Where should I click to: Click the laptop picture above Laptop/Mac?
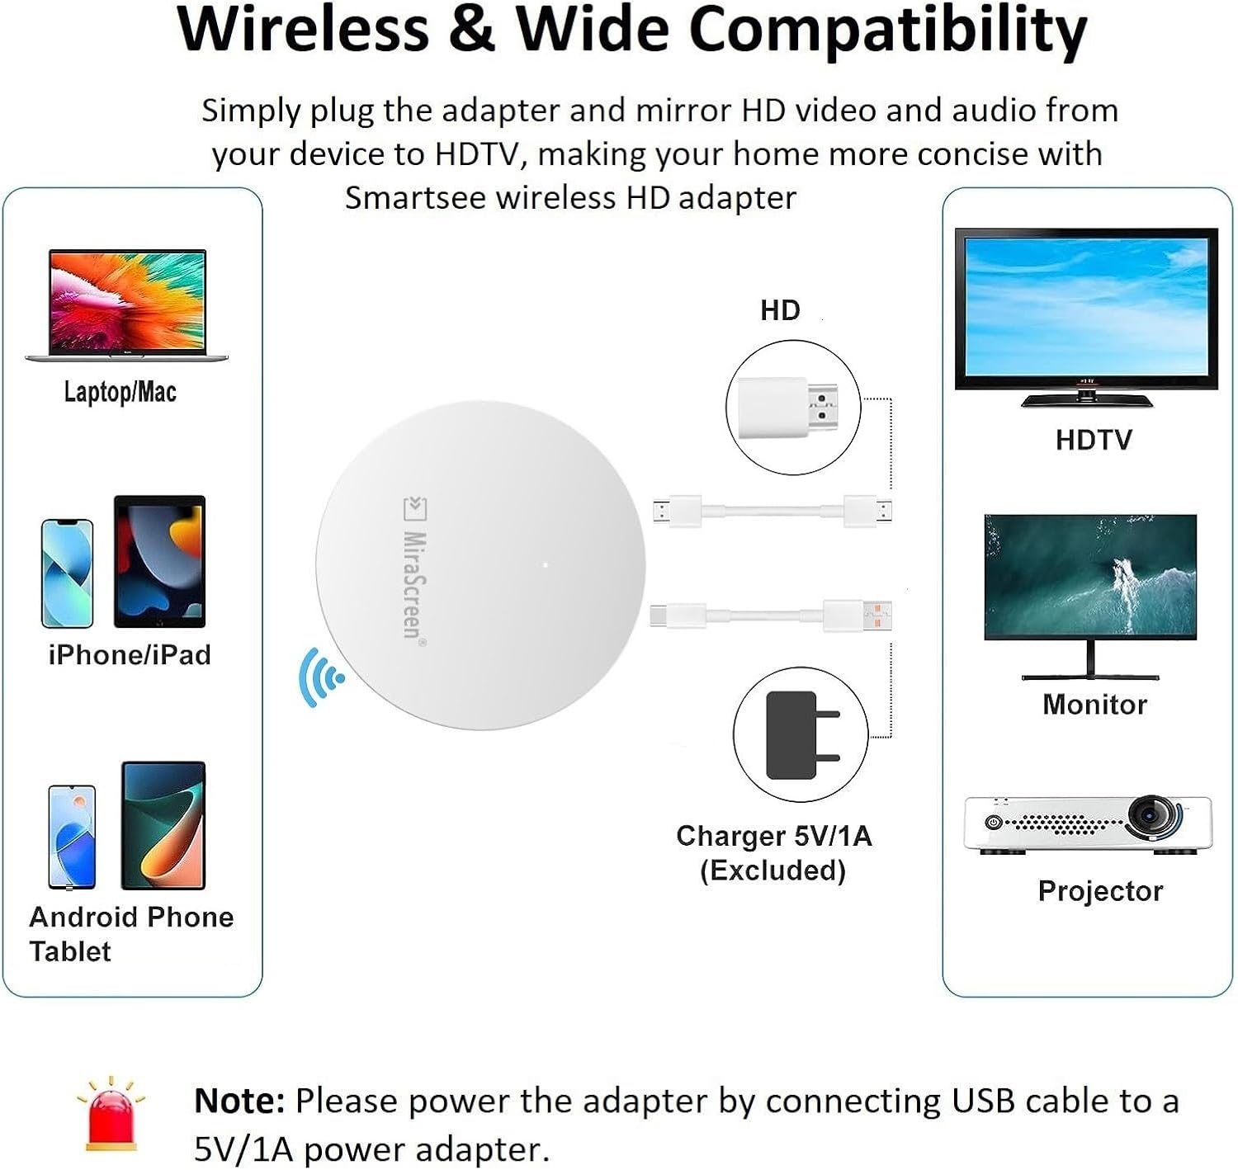pos(126,304)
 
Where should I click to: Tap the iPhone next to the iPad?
pos(68,573)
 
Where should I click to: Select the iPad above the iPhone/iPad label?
pos(159,561)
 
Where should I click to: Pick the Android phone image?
pos(72,837)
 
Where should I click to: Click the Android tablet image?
pos(163,825)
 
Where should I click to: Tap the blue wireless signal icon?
pos(320,677)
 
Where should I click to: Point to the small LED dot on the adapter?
pos(545,565)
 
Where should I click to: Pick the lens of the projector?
pos(1148,814)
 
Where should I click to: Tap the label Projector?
pos(1100,891)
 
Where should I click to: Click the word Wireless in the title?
pos(303,30)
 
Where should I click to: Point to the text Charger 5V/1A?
pos(773,836)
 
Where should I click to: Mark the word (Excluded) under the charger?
pos(773,870)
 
